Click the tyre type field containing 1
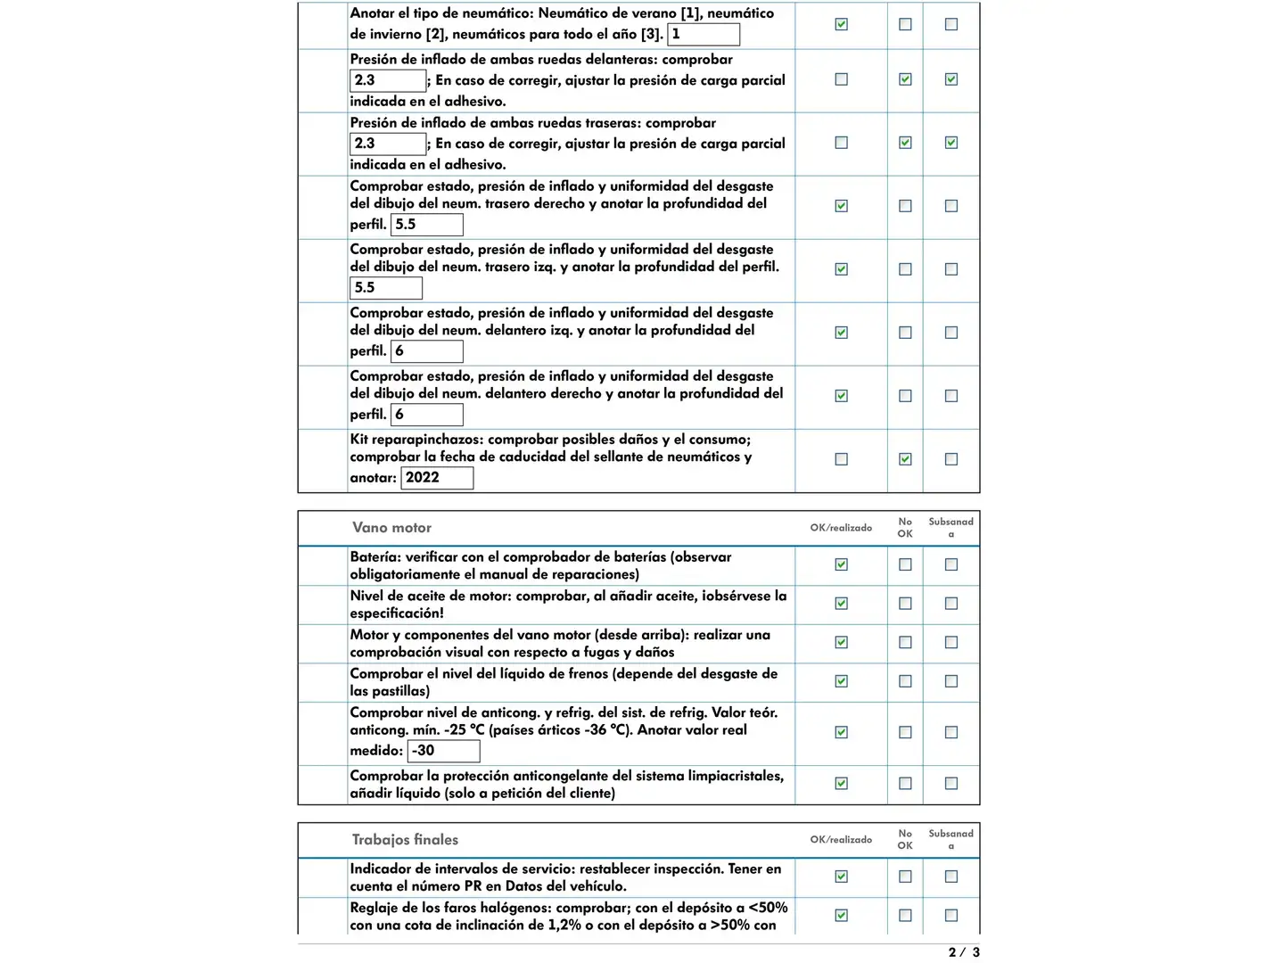(x=704, y=35)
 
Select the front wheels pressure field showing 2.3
(x=388, y=80)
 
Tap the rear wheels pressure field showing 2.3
(x=388, y=144)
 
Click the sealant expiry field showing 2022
(x=437, y=478)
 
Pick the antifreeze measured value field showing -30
(x=443, y=751)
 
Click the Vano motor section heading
(x=391, y=528)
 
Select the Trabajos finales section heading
(x=405, y=840)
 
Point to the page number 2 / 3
(x=964, y=952)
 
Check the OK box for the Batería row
(x=841, y=564)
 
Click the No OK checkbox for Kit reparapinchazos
(x=905, y=459)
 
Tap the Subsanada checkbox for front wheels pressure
(x=951, y=79)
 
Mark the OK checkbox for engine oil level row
(x=841, y=604)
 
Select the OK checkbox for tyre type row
(x=841, y=25)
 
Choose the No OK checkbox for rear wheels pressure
(x=905, y=143)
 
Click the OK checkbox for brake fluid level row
(x=841, y=681)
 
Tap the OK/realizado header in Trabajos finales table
(x=841, y=840)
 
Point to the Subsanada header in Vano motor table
(x=951, y=528)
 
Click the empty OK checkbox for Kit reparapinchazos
(x=841, y=459)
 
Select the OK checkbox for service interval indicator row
(x=841, y=877)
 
